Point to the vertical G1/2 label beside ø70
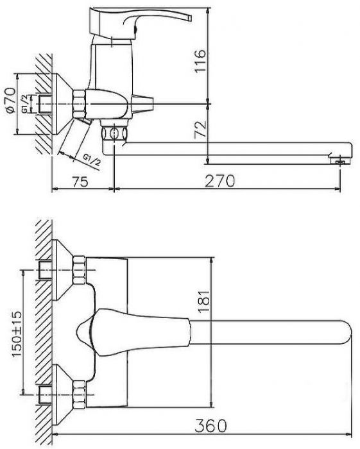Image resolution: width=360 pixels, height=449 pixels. point(24,104)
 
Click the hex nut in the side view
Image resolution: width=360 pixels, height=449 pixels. point(79,103)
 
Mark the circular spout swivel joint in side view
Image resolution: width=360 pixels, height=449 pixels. point(114,133)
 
